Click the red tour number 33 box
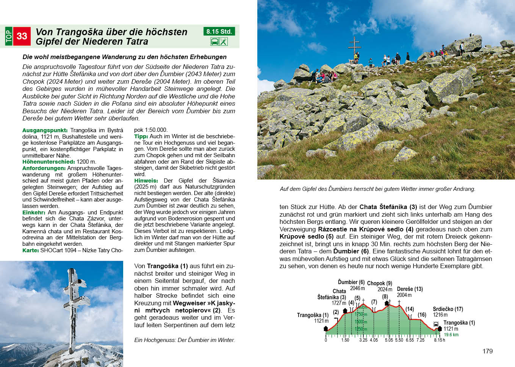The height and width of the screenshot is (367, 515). tap(22, 36)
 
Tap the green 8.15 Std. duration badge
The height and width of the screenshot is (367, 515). tap(219, 31)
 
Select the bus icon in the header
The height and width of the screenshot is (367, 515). tap(214, 42)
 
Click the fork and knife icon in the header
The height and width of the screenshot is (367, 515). tap(224, 42)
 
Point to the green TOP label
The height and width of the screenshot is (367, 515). tap(9, 36)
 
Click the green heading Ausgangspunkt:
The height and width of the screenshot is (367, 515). tap(45, 130)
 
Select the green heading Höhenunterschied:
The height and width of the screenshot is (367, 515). tap(49, 162)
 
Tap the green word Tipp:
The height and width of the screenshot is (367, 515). tap(141, 136)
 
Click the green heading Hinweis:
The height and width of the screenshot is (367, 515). tap(146, 181)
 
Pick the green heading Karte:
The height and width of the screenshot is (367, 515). tap(30, 250)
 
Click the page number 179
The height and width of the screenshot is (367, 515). tap(488, 351)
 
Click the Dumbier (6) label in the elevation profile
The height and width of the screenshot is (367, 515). tap(351, 282)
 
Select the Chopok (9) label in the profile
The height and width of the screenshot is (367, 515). tap(379, 283)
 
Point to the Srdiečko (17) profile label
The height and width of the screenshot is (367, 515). tap(448, 309)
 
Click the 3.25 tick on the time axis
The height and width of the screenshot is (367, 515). tap(363, 340)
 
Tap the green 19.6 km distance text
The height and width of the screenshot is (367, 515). tap(451, 335)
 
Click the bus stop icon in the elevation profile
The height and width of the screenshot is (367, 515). tap(436, 324)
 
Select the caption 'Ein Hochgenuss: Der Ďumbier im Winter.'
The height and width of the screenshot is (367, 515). tap(185, 340)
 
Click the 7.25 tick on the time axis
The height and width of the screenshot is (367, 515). tap(421, 340)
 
